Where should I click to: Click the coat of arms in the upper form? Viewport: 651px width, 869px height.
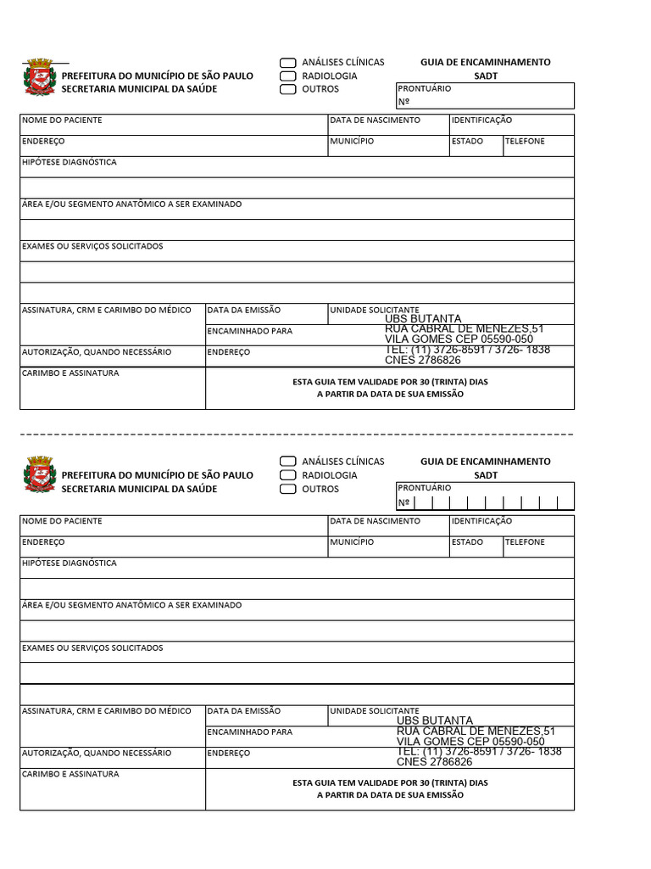(x=39, y=78)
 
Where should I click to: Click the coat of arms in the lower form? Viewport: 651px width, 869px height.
(x=39, y=475)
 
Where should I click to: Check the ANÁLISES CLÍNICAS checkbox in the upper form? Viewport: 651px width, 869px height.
(x=288, y=63)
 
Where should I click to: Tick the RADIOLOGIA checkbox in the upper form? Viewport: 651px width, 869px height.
(x=288, y=76)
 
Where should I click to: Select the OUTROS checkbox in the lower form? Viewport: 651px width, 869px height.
(x=288, y=489)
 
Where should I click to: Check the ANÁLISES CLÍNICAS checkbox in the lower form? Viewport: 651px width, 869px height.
(x=288, y=462)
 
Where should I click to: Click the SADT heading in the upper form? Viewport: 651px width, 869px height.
(x=486, y=76)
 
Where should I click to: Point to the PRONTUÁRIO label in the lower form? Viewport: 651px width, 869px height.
(x=425, y=488)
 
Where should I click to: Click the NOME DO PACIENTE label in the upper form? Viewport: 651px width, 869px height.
(x=62, y=121)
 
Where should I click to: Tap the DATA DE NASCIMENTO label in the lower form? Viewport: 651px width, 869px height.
(x=375, y=521)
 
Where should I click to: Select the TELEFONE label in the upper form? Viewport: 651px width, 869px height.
(x=525, y=142)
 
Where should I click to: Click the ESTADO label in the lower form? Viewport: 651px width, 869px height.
(x=467, y=542)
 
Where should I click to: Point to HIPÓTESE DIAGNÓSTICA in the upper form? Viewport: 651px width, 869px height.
(x=70, y=162)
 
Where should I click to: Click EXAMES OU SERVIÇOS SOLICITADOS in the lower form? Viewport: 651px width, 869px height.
(x=92, y=648)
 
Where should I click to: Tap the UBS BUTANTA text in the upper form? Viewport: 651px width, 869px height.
(x=423, y=320)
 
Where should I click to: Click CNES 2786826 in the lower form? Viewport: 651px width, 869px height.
(x=434, y=762)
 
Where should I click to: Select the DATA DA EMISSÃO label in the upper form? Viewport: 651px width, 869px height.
(x=244, y=311)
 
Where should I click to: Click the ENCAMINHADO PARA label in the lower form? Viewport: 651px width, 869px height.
(x=250, y=732)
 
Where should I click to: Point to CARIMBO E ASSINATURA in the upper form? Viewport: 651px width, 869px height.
(x=70, y=373)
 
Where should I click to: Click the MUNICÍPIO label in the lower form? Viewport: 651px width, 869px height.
(x=352, y=542)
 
